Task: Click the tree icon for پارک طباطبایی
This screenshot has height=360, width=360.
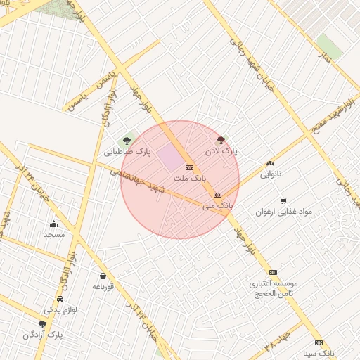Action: pyautogui.click(x=127, y=141)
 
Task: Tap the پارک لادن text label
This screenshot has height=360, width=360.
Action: pyautogui.click(x=221, y=151)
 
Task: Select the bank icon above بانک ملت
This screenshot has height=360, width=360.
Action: pyautogui.click(x=189, y=167)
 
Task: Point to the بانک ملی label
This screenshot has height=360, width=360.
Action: pyautogui.click(x=217, y=205)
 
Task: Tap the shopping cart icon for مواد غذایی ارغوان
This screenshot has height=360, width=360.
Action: pyautogui.click(x=283, y=200)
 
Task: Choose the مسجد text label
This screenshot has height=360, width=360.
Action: pyautogui.click(x=53, y=234)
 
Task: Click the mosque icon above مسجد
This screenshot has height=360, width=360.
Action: pyautogui.click(x=54, y=224)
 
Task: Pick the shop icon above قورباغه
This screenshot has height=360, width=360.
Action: pyautogui.click(x=103, y=276)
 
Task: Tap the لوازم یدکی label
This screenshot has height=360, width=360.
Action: pyautogui.click(x=60, y=309)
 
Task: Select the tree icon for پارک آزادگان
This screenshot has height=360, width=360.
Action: pyautogui.click(x=43, y=324)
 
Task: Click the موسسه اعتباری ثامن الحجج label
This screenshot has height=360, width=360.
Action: pyautogui.click(x=274, y=288)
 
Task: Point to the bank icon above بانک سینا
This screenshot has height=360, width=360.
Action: pyautogui.click(x=319, y=343)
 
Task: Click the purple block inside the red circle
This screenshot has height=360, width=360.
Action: pyautogui.click(x=169, y=157)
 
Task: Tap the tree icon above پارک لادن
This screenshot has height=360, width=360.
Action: pyautogui.click(x=221, y=141)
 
